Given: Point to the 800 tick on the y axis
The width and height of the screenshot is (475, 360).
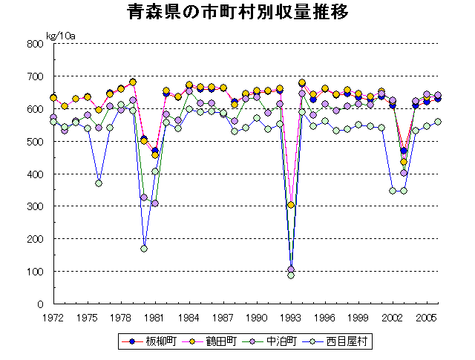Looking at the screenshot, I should coord(36,44).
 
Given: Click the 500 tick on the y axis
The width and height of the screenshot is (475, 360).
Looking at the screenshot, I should coord(36,142).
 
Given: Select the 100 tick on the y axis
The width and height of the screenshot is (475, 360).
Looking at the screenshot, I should coord(36,272).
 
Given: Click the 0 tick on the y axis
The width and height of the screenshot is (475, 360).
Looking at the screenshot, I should coord(41,304).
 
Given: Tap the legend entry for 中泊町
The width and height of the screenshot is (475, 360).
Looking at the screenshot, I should coord(276,341).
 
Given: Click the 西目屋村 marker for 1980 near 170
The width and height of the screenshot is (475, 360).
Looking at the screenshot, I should coord(144,249).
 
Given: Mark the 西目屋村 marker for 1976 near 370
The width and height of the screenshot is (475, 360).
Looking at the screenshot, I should coord(99,183).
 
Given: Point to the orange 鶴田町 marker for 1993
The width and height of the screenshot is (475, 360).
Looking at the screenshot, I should coord(291,205).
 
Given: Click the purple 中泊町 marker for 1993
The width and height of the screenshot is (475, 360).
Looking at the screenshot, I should coord(291,269).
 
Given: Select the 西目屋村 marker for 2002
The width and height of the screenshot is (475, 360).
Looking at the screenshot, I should coord(393,191).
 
